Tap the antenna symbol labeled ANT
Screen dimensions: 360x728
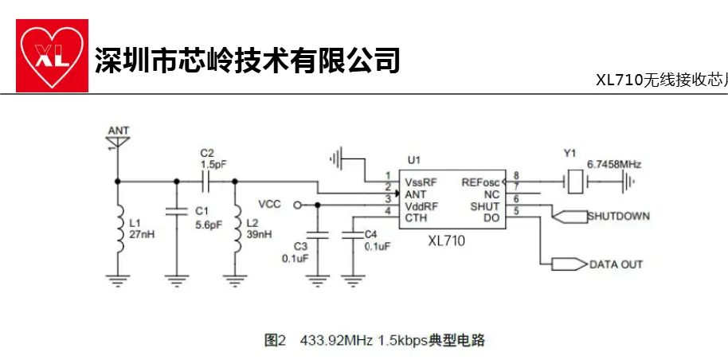click(118, 143)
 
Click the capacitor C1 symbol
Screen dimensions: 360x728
click(174, 213)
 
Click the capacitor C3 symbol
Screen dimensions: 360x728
click(318, 235)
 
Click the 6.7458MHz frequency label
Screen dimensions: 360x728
click(613, 164)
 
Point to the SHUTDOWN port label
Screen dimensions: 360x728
click(619, 217)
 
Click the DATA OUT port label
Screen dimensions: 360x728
click(616, 264)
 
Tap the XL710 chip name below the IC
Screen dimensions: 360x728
click(445, 240)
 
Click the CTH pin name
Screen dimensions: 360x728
click(414, 217)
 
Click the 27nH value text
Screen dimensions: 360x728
click(140, 235)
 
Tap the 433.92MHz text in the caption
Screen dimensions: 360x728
click(335, 341)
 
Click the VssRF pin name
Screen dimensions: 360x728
click(420, 182)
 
